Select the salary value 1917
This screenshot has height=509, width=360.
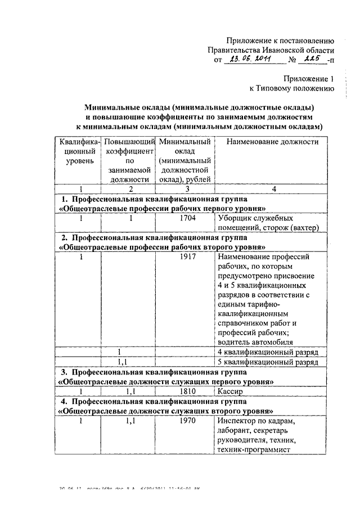(x=184, y=256)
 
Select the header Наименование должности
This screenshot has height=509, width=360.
(x=273, y=142)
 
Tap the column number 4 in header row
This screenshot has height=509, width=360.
(x=273, y=189)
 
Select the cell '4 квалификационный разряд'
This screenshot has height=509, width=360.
(x=268, y=352)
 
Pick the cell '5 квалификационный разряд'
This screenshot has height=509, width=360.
(x=268, y=362)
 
